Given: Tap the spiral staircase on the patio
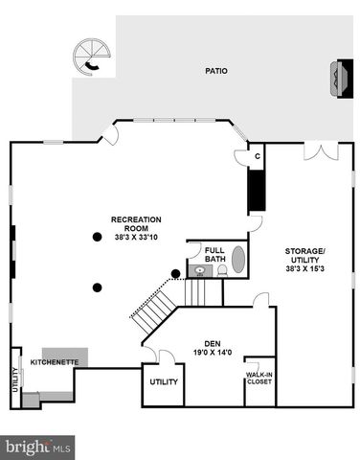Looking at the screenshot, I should coord(94,56).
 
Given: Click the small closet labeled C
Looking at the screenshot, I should coord(256,155).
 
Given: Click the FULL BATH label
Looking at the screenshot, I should coord(214,255).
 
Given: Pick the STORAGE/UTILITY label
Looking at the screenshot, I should coord(304,255).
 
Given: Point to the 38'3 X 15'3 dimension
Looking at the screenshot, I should coord(304,269).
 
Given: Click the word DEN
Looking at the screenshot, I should coord(213,343).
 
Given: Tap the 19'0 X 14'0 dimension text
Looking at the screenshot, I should coord(213,353).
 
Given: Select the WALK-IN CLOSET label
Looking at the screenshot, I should coord(259,379).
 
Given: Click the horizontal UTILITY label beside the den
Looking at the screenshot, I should coord(163,381).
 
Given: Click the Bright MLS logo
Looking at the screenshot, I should coord(38,446).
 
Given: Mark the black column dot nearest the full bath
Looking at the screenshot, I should coord(175,273).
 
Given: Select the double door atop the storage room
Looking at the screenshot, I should coord(327,151).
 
